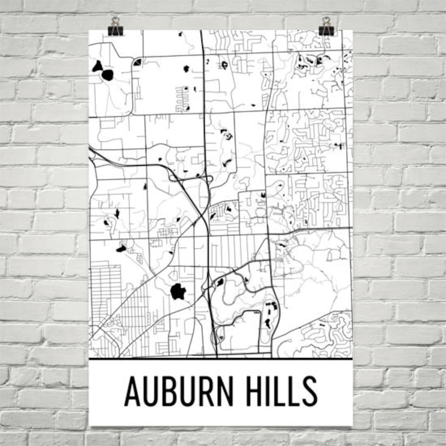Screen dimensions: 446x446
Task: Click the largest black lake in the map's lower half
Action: pyautogui.click(x=178, y=292)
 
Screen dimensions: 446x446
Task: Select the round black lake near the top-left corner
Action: pyautogui.click(x=107, y=75)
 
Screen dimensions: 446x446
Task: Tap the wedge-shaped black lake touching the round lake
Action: pyautogui.click(x=97, y=66)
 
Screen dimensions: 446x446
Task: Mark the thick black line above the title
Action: pyautogui.click(x=221, y=359)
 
